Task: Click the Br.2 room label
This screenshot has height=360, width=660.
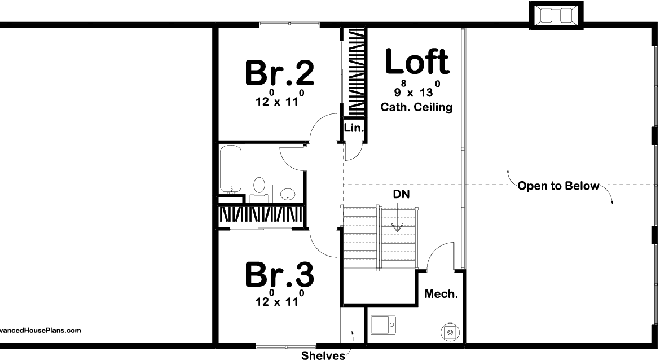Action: (279, 72)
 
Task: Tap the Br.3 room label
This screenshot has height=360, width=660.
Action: (279, 275)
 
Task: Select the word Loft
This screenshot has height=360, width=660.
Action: (417, 62)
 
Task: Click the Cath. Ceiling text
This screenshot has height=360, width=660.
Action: (416, 107)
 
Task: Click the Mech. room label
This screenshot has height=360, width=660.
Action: (441, 294)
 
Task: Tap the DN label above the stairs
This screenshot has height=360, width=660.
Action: (402, 194)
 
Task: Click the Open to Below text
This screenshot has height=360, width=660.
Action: (558, 186)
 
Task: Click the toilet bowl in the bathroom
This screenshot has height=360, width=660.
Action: (259, 185)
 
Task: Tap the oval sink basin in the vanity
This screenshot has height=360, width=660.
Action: (288, 195)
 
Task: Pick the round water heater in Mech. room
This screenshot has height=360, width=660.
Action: (450, 332)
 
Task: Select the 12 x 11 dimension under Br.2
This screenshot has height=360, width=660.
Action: (279, 102)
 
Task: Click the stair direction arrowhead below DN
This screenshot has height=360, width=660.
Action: (398, 228)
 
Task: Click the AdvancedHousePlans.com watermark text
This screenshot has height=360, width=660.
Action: (39, 331)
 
